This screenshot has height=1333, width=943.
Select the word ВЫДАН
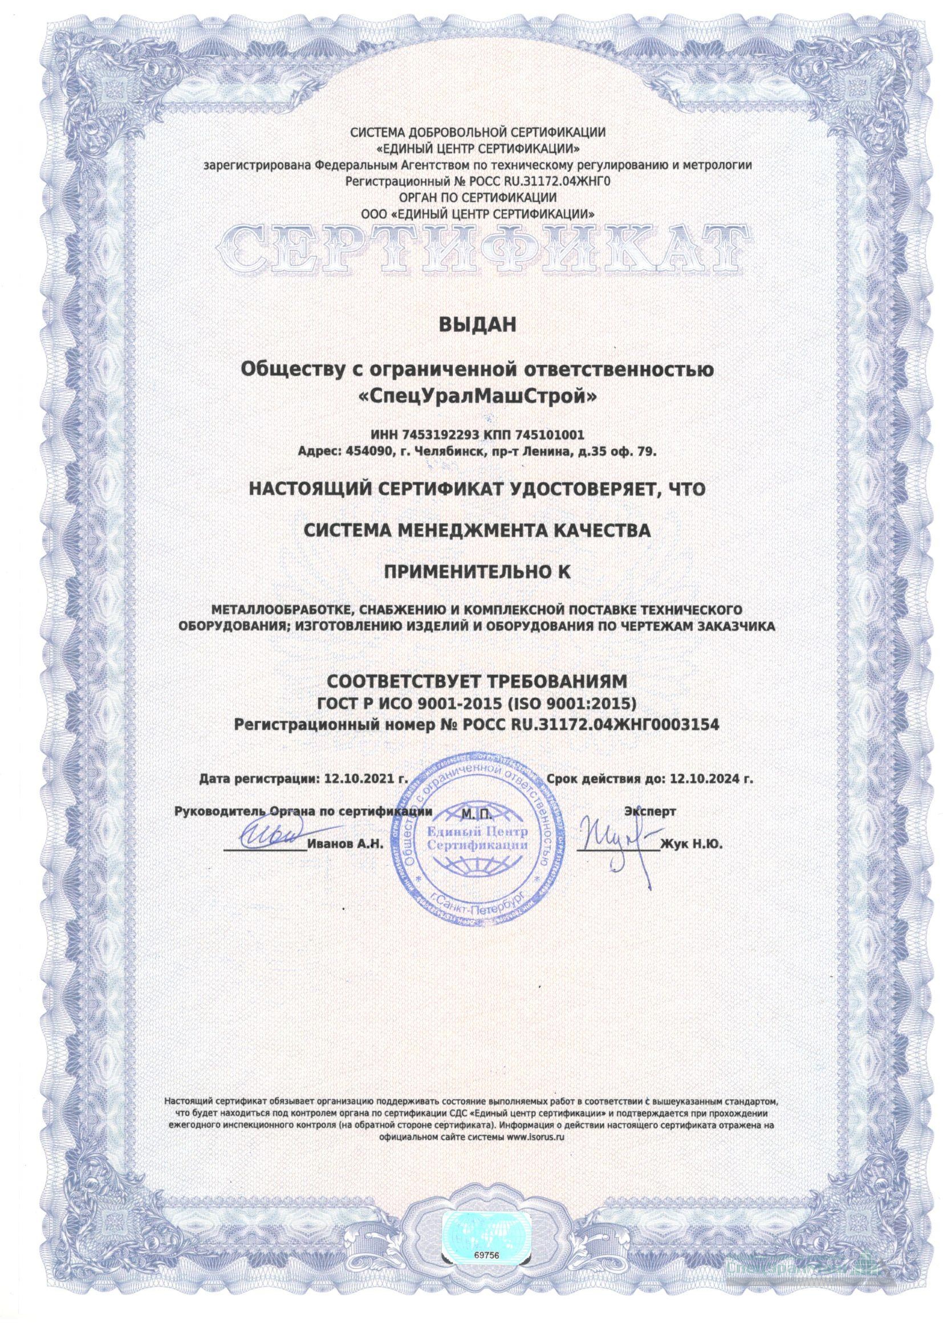coord(477,326)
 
